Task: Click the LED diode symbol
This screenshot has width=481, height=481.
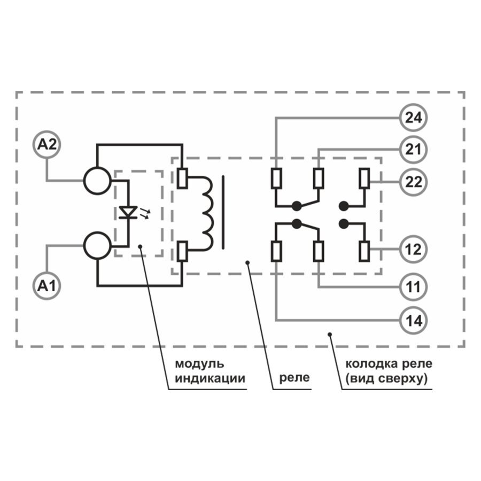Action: tap(128, 212)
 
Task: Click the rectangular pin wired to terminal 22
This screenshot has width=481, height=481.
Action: tap(364, 178)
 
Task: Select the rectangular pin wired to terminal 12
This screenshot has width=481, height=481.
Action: tap(364, 251)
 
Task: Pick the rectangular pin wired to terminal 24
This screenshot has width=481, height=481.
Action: tap(276, 179)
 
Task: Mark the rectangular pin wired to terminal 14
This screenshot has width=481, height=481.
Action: tap(276, 252)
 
